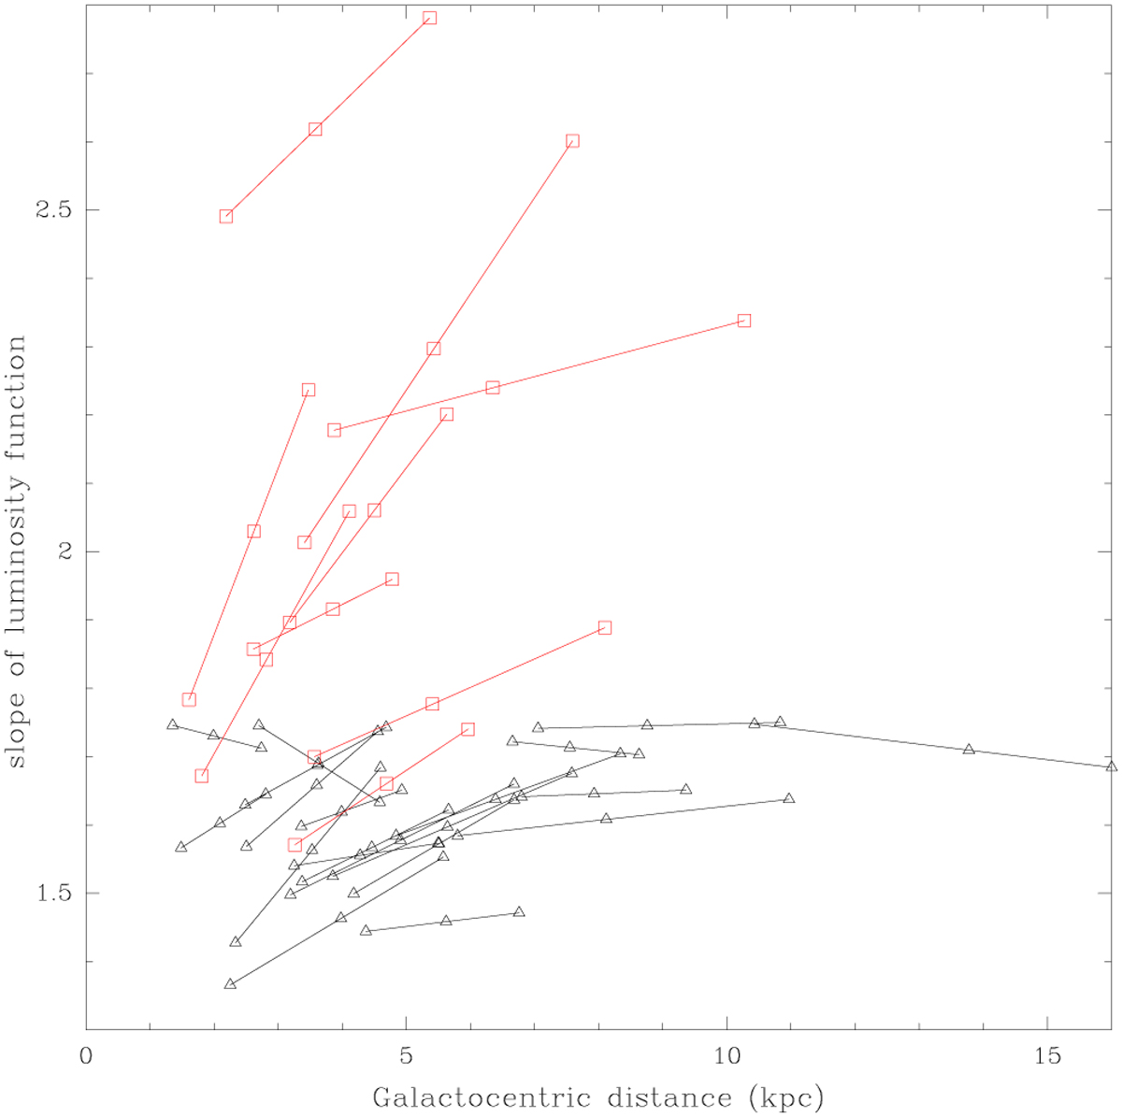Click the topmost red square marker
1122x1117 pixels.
(430, 18)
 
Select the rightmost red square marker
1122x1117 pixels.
(744, 321)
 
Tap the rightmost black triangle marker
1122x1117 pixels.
(1111, 766)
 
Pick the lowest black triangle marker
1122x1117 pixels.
(230, 984)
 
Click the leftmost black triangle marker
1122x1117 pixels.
(172, 724)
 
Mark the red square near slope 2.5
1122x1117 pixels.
(226, 216)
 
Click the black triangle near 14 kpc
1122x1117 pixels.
(969, 750)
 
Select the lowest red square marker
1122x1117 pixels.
(295, 845)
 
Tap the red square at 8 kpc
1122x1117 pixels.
(605, 627)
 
